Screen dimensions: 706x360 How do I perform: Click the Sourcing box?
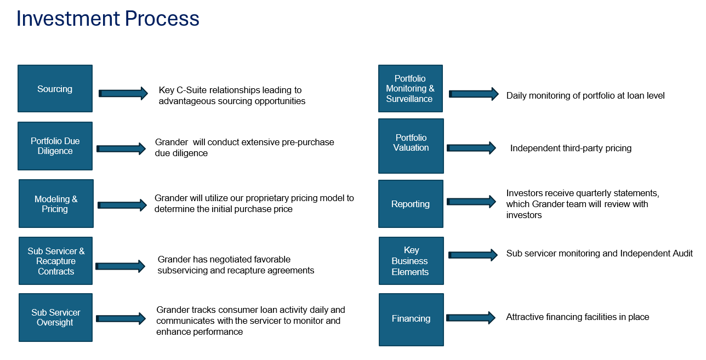pos(55,89)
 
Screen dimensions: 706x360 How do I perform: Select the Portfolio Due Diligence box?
pos(55,146)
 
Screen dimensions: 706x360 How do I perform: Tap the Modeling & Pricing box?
pos(56,203)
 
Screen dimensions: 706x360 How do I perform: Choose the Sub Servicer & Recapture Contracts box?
pos(55,261)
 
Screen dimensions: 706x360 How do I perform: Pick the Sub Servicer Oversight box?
pos(55,317)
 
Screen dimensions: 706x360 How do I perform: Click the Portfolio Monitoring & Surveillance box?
pos(411,89)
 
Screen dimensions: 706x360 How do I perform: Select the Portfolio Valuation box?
pos(411,146)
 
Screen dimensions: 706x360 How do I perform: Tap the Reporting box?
pos(411,204)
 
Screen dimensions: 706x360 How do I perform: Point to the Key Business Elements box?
pos(411,261)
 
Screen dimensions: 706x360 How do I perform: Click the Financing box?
pos(411,319)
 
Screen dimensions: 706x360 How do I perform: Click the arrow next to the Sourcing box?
pos(123,93)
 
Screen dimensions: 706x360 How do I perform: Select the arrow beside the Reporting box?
pos(471,202)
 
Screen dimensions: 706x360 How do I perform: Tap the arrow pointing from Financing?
pos(471,317)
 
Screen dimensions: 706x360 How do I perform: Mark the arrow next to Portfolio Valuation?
pos(471,148)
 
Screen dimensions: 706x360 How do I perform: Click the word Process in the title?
pos(162,18)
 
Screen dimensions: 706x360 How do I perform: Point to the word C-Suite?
pos(192,90)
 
